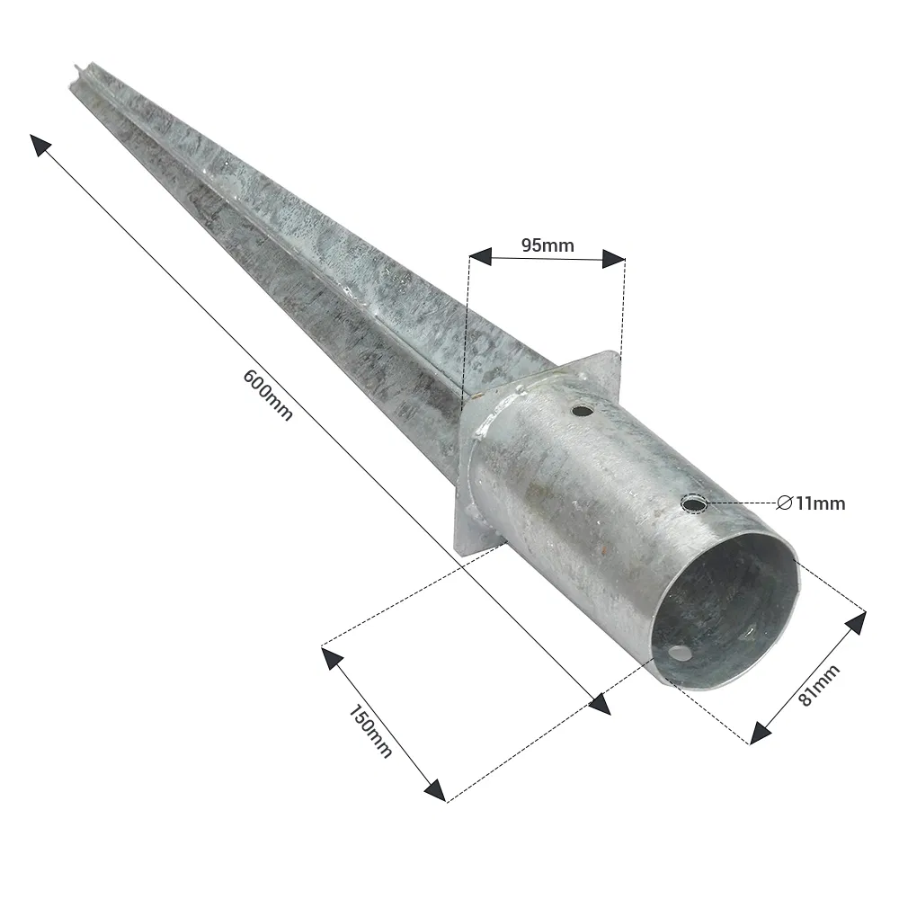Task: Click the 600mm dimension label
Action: point(268,396)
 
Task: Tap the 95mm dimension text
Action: point(547,244)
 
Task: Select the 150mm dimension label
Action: point(369,729)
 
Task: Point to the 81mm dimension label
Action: point(818,685)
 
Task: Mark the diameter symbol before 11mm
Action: point(784,503)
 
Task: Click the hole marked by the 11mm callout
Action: point(692,503)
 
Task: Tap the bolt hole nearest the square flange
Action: point(583,412)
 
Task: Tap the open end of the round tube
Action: point(726,611)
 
